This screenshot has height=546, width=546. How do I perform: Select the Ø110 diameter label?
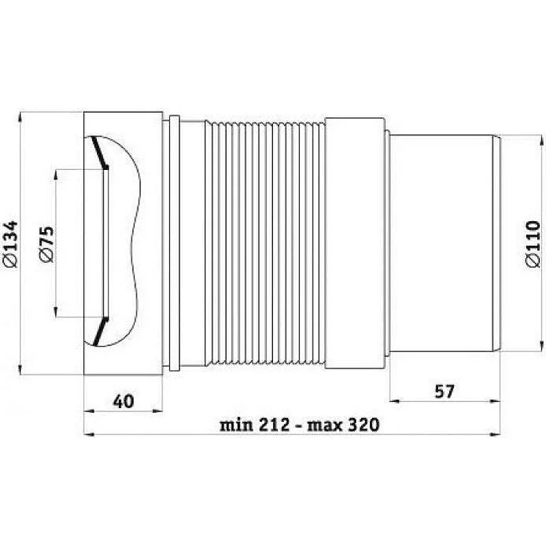[x=533, y=244]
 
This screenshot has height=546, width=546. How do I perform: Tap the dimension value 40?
[x=123, y=402]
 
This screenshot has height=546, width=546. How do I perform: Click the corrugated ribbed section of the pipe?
[x=266, y=242]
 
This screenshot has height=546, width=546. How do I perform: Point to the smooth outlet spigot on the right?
[x=444, y=242]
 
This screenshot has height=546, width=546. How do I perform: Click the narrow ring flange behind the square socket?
[x=173, y=242]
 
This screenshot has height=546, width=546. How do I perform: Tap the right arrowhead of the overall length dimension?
[x=497, y=434]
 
